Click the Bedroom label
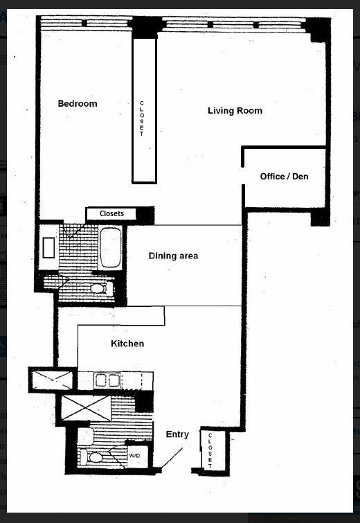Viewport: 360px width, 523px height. coord(77,104)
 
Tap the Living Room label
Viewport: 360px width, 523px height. coord(235,111)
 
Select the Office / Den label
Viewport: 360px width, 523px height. coord(284,177)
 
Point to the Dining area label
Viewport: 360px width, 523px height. coord(173,256)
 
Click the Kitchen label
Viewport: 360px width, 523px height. coord(127,344)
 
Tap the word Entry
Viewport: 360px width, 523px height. coord(177,434)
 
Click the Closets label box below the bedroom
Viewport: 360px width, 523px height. coord(111,213)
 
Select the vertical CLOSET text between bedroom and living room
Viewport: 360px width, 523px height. coord(142,118)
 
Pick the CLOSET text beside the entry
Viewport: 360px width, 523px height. coord(210,450)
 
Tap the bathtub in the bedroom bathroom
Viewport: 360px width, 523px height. coord(110,247)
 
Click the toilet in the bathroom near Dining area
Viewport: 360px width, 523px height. coord(97,287)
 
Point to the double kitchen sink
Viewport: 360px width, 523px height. coord(107,380)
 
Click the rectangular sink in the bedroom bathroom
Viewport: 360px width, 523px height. coord(49,248)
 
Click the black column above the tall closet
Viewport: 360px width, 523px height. coord(145,28)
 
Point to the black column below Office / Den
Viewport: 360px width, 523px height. coord(318,218)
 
